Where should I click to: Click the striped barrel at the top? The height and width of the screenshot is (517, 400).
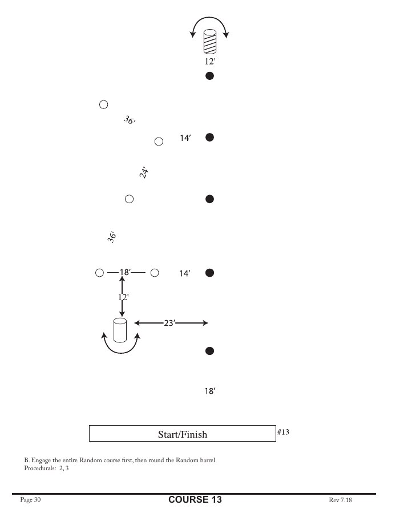pos(210,42)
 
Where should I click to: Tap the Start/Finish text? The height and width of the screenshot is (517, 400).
pos(183,434)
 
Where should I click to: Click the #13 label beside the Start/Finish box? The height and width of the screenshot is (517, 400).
pos(283,432)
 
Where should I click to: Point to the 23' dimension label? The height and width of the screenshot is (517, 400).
pos(169,323)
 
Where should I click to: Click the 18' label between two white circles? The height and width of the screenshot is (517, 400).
pos(126,273)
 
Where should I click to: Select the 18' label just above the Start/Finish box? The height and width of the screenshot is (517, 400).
pos(209,391)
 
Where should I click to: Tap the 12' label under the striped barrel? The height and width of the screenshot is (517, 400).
pos(209,62)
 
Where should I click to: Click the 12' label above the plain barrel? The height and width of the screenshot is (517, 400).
pos(123,297)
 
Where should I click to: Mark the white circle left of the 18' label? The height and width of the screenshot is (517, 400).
pos(99,273)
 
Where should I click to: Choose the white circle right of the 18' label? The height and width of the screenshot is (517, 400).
pos(154,273)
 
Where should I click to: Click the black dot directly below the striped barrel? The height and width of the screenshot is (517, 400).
pos(209,76)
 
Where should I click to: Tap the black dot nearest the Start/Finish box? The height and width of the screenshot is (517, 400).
pos(209,351)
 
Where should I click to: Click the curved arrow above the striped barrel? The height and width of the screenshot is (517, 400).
pos(210,22)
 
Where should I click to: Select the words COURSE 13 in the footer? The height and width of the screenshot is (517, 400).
pos(195,500)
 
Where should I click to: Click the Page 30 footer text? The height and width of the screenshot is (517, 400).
pos(30,500)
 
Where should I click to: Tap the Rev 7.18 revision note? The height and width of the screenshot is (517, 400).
pos(340,500)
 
